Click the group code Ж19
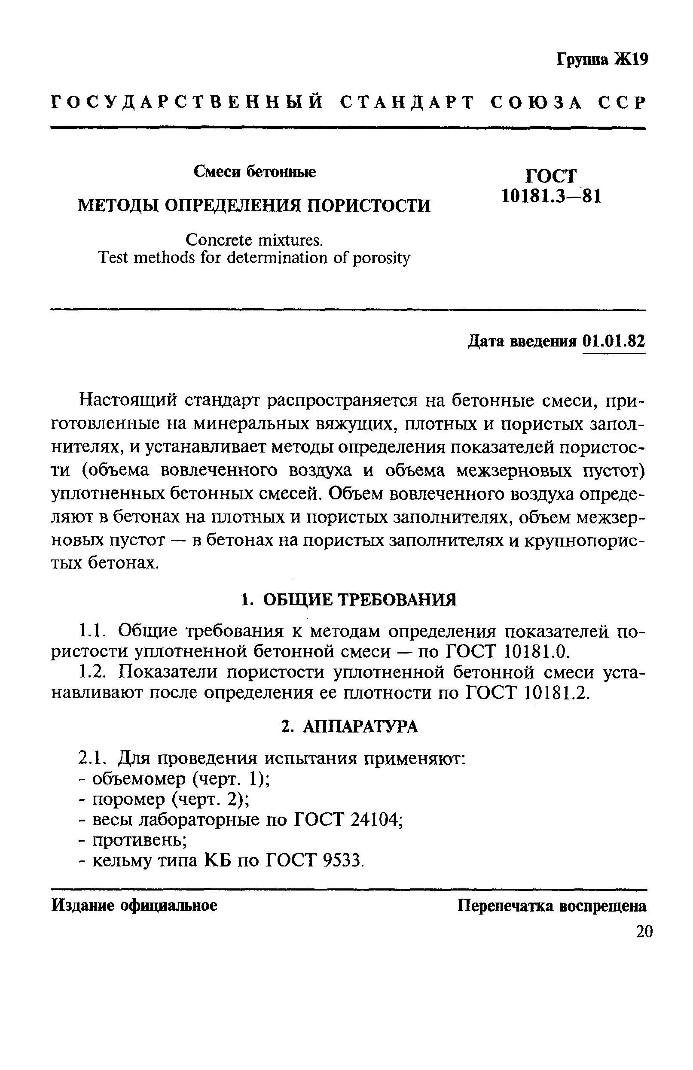[x=632, y=59]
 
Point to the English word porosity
[x=381, y=258]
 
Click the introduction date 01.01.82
[x=614, y=342]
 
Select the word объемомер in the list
[x=138, y=779]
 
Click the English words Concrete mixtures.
[x=254, y=240]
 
